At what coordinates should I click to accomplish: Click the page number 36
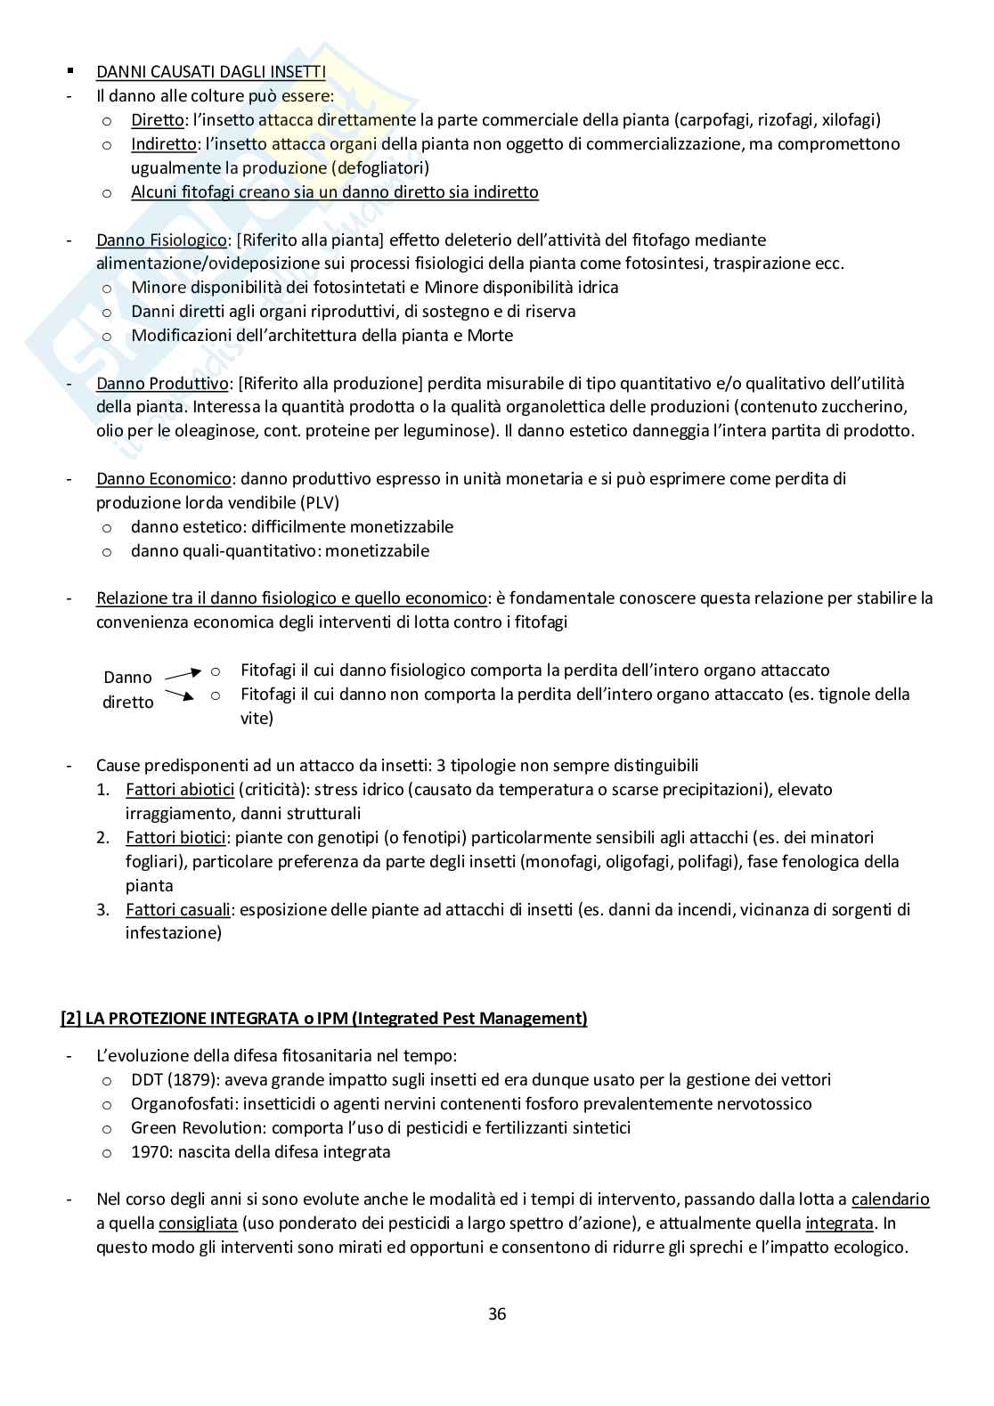[x=497, y=1313]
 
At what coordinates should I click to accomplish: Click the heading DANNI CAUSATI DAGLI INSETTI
[x=211, y=71]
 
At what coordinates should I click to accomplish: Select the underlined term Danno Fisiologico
[x=161, y=240]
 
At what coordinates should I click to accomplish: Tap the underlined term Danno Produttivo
[x=162, y=383]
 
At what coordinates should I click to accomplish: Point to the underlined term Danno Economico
[x=163, y=478]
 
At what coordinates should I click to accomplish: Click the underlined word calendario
[x=890, y=1199]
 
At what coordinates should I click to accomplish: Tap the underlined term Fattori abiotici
[x=180, y=789]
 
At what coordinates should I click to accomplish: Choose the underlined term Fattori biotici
[x=176, y=837]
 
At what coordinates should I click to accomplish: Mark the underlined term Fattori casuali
[x=178, y=909]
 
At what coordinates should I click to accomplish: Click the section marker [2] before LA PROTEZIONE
[x=70, y=1018]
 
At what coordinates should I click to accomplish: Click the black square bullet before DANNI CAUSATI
[x=69, y=70]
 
